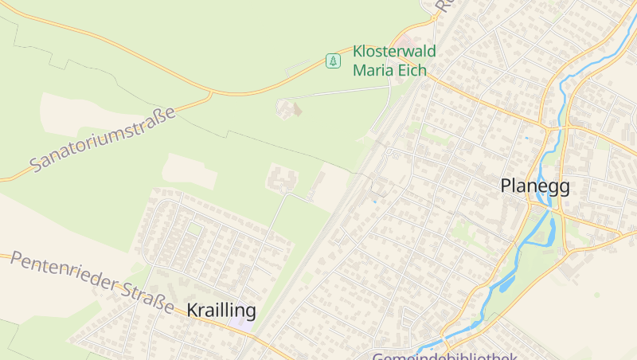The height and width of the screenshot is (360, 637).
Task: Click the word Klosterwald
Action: pos(394,52)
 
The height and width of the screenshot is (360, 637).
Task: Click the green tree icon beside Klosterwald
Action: pos(333,61)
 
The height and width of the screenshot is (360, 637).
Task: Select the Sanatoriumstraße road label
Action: pos(104,140)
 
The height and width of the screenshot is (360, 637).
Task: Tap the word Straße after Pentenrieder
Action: pos(147,297)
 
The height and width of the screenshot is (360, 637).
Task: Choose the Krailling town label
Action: pos(221,310)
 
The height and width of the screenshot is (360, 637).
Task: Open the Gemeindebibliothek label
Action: pos(446,356)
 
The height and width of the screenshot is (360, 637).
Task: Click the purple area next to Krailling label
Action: pos(244,325)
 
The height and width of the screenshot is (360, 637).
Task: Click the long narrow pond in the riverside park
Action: pos(506,278)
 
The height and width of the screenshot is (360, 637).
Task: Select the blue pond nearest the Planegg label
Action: pos(549,231)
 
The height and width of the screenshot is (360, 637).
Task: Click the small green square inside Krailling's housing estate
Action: pos(194,229)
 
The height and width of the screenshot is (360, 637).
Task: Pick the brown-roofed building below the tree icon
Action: pos(296,108)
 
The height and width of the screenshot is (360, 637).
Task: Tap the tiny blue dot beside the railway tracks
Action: pos(374,202)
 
